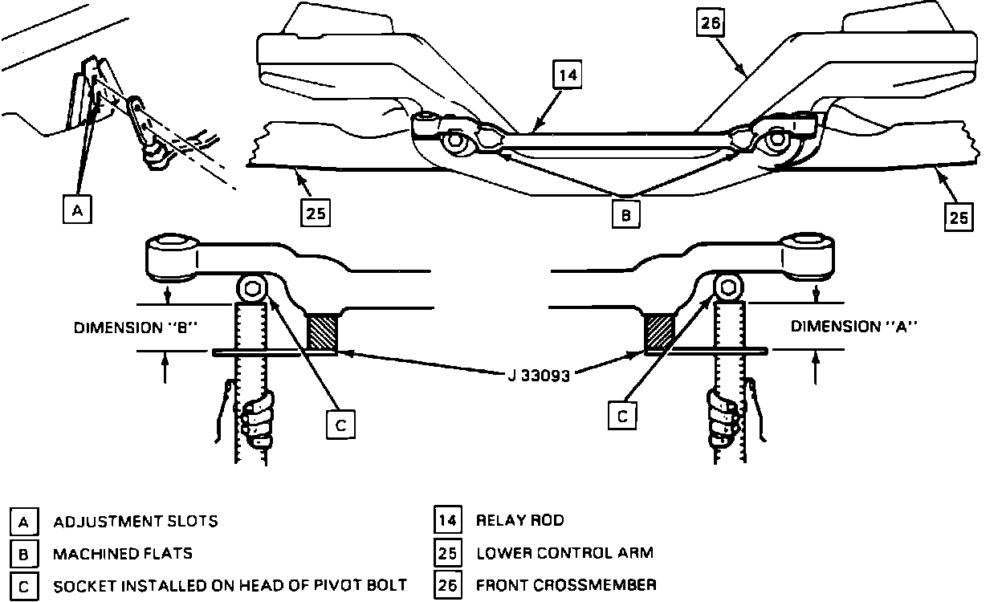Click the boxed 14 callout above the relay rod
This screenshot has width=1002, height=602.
click(568, 76)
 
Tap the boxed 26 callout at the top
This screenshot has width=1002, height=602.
click(711, 24)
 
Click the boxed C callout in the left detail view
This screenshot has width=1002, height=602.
click(340, 425)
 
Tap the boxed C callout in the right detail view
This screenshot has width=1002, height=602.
click(622, 415)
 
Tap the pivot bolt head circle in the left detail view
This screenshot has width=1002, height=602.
click(252, 288)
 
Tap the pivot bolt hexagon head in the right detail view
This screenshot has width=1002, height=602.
click(729, 287)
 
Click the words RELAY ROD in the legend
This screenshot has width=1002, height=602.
click(520, 520)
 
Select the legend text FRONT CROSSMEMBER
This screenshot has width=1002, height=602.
click(566, 584)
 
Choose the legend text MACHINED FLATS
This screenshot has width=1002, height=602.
click(123, 553)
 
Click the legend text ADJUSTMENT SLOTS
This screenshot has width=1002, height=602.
click(135, 521)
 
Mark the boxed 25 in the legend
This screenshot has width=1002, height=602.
click(447, 553)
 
